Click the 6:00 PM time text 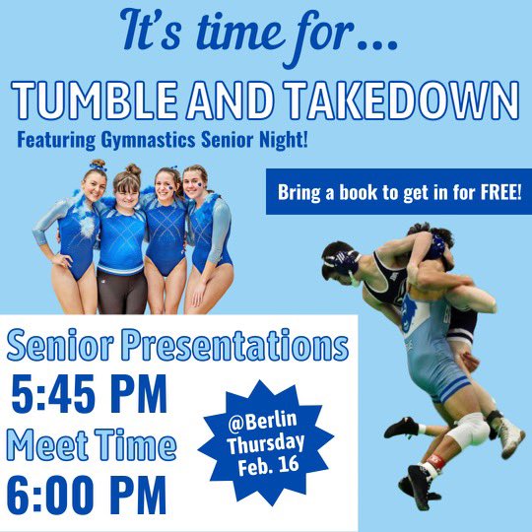[89, 496]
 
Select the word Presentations [246, 347]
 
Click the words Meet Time [92, 445]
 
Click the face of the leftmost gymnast [94, 184]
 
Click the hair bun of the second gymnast [133, 170]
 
